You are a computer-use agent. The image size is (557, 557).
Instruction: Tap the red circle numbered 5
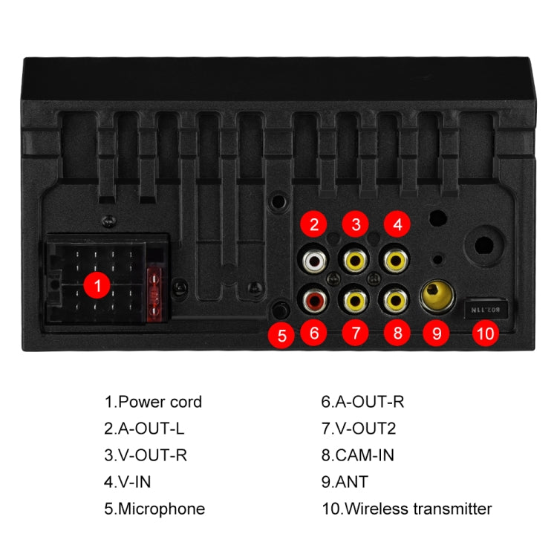click(x=281, y=335)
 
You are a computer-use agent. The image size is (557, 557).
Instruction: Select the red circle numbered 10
click(x=485, y=333)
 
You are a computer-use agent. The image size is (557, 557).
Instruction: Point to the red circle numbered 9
click(x=437, y=333)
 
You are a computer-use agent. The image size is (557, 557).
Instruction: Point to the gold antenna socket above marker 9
click(x=437, y=297)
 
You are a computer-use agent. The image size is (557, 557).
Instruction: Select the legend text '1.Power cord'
click(x=153, y=402)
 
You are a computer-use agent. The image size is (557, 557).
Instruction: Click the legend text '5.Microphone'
click(x=154, y=509)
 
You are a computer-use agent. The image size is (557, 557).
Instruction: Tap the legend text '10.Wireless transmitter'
click(x=406, y=509)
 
